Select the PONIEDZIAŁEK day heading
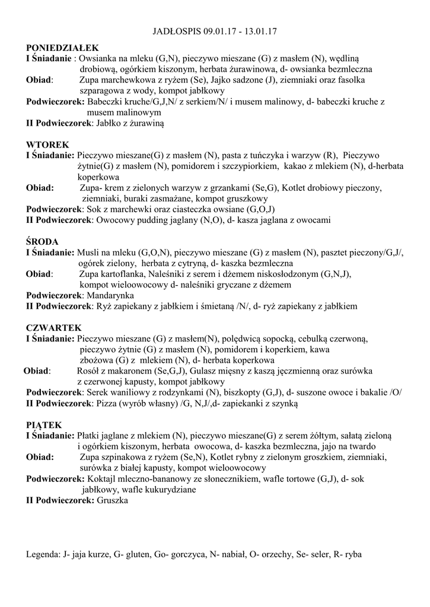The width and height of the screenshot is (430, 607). point(62,48)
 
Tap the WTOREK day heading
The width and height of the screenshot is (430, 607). point(47,145)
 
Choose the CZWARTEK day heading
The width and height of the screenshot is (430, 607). point(54,328)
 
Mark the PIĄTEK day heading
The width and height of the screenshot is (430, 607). point(44,425)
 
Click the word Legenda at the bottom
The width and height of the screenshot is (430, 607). point(43,555)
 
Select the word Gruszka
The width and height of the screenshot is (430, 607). point(112,500)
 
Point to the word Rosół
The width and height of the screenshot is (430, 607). point(89,371)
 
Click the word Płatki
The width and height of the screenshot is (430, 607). point(90,436)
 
